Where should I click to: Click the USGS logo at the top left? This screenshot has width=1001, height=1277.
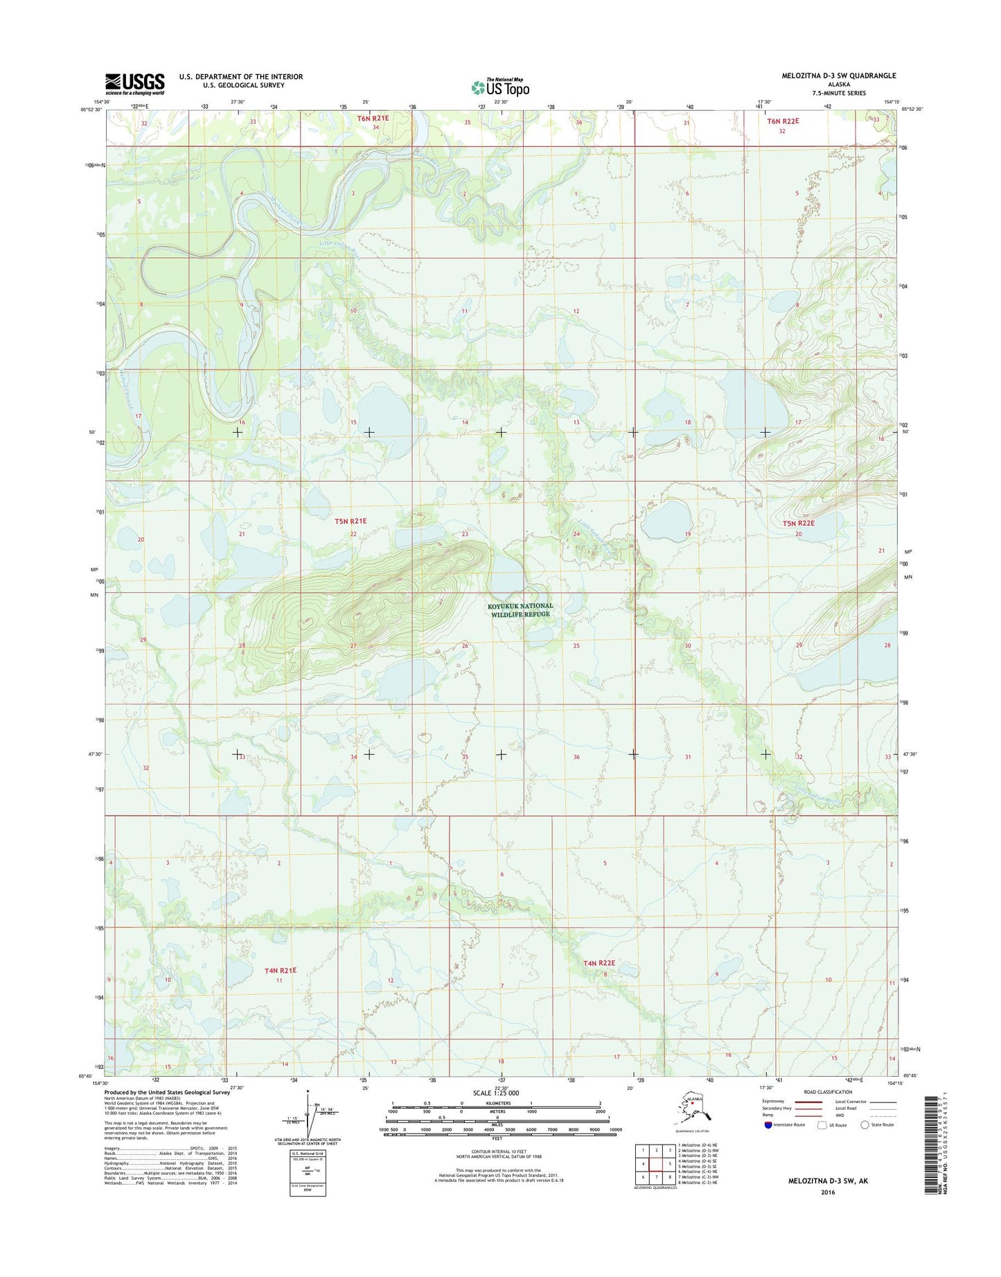tap(134, 83)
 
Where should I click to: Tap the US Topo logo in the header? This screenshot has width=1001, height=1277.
tap(500, 87)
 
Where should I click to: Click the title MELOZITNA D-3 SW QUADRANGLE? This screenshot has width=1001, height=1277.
tap(829, 76)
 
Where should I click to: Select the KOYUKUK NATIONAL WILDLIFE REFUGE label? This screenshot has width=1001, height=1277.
tap(521, 610)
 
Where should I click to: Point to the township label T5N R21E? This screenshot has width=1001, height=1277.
tap(351, 521)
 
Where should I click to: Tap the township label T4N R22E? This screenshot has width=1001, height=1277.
tap(599, 963)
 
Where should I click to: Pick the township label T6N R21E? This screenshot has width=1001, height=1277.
tap(373, 119)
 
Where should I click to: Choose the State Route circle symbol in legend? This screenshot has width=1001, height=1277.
tap(865, 1124)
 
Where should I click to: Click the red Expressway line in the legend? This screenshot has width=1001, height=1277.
tap(808, 1102)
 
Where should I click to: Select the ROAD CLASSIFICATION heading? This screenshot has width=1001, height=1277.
tap(829, 1092)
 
